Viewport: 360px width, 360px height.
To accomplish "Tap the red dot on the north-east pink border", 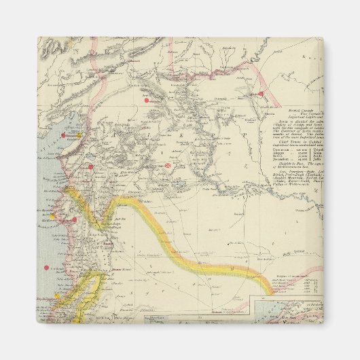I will tap(260, 93).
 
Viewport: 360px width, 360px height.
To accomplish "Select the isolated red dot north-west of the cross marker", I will tap(145, 101).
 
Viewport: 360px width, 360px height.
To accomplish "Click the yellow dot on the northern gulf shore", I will tap(79, 134).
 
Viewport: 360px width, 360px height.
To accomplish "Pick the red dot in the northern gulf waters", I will tap(65, 136).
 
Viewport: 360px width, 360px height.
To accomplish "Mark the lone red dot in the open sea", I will tap(46, 268).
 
